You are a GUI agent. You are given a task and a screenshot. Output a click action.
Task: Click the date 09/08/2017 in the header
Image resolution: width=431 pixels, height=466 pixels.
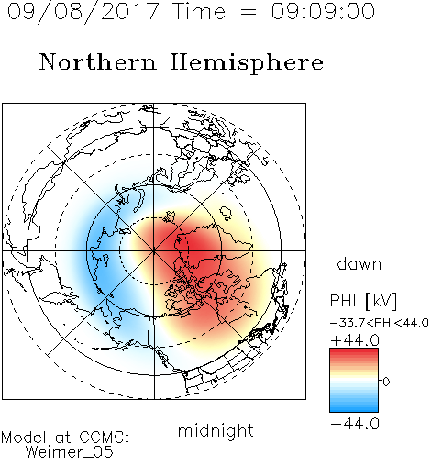pyautogui.click(x=83, y=11)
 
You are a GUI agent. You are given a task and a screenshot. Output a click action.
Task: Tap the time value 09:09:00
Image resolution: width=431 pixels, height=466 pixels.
pyautogui.click(x=323, y=11)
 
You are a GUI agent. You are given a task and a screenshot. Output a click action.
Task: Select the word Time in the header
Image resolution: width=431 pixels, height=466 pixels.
pyautogui.click(x=199, y=11)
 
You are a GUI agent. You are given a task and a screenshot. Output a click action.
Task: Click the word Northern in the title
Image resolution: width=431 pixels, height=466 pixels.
pyautogui.click(x=98, y=62)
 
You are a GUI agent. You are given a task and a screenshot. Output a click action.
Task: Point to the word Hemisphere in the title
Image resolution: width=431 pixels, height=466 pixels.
pyautogui.click(x=247, y=63)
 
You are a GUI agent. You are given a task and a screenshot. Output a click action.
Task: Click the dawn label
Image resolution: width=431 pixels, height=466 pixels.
pyautogui.click(x=359, y=263)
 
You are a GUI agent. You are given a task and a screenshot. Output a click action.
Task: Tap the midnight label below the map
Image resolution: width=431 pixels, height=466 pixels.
pyautogui.click(x=215, y=430)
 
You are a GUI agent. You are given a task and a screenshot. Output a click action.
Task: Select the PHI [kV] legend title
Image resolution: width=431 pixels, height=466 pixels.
pyautogui.click(x=363, y=301)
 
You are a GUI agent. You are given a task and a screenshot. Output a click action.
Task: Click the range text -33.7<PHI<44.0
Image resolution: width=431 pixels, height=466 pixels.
pyautogui.click(x=380, y=323)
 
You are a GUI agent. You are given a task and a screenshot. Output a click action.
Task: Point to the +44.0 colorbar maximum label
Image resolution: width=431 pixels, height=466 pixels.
pyautogui.click(x=355, y=340)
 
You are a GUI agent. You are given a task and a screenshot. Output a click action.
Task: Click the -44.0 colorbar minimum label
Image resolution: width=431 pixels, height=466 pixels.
pyautogui.click(x=355, y=424)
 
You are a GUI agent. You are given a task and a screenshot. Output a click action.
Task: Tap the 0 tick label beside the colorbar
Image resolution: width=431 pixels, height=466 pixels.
pyautogui.click(x=386, y=382)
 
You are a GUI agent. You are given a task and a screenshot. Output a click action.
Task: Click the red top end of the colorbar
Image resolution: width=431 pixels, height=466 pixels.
pyautogui.click(x=354, y=351)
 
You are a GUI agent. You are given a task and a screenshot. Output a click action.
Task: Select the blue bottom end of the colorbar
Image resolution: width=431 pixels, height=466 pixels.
pyautogui.click(x=354, y=409)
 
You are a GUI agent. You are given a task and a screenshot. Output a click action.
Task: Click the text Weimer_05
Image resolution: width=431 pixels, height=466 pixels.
pyautogui.click(x=70, y=452)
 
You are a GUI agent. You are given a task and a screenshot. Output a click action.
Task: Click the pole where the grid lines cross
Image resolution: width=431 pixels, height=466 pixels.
pyautogui.click(x=154, y=250)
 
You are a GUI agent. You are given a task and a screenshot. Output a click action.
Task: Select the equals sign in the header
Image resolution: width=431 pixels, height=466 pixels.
pyautogui.click(x=249, y=13)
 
